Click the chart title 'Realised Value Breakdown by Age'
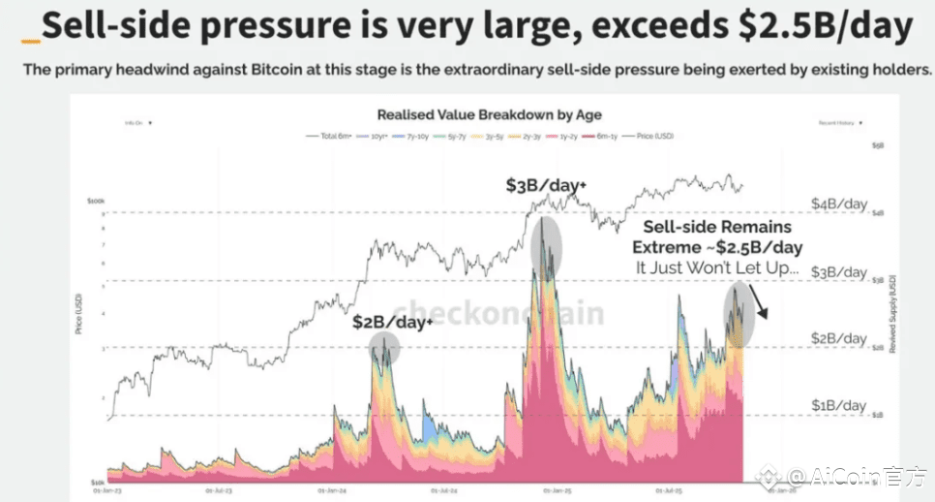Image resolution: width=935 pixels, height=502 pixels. coord(489,115)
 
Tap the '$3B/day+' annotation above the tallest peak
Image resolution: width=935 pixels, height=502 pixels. coord(543,184)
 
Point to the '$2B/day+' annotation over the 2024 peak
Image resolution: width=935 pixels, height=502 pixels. coord(391,322)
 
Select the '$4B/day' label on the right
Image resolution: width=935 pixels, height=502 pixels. coord(838,204)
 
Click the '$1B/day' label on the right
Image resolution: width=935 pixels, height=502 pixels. coord(838,405)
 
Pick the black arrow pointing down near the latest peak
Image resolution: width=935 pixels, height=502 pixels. coord(762,305)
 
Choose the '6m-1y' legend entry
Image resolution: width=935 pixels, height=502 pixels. coord(609,137)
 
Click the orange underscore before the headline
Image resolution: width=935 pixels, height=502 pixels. coord(30,41)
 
